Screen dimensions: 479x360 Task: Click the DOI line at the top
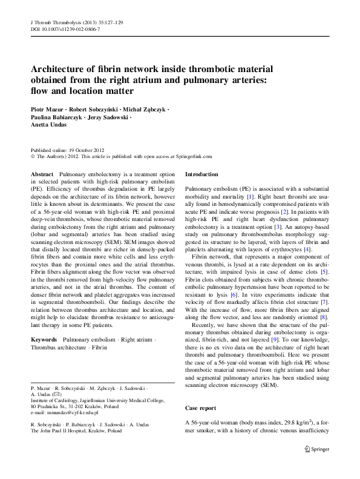[65, 29]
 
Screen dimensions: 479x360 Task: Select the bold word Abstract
[42, 174]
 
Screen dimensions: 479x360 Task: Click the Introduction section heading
[201, 174]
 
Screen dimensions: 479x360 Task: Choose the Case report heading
[200, 408]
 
